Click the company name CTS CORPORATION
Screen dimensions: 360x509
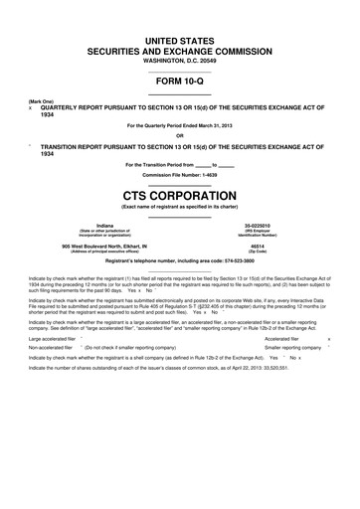point(180,195)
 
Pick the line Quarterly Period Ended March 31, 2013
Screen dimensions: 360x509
point(180,126)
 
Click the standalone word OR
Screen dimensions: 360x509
point(180,137)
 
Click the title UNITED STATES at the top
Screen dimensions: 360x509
point(180,36)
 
